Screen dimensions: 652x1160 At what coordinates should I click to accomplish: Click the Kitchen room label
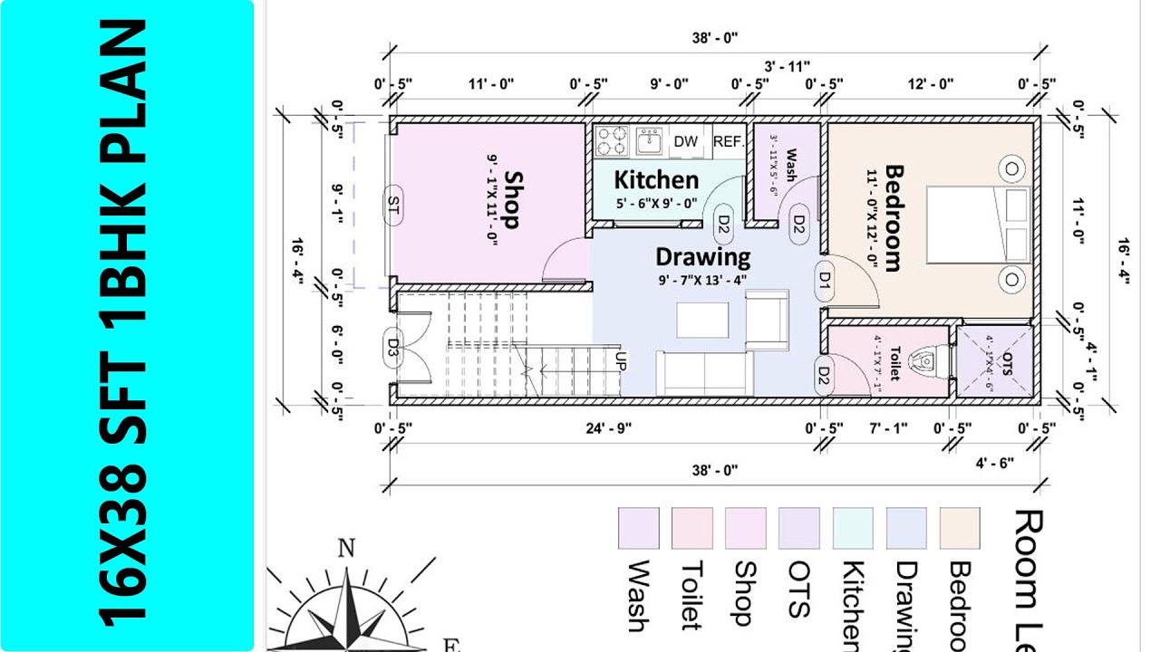coord(656,179)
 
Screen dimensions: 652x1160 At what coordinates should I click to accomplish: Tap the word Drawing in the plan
coord(702,257)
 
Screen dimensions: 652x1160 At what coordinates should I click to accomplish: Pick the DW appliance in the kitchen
coord(686,141)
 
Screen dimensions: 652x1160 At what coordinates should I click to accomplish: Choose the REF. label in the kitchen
coord(729,141)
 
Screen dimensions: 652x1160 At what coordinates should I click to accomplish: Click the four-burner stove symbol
coord(613,140)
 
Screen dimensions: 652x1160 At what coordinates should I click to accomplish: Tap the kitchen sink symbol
coord(649,140)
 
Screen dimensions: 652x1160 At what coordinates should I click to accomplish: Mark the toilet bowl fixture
coord(925,361)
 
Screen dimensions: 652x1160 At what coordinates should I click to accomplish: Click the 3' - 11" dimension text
coord(787,66)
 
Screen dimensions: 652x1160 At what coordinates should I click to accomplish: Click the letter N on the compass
coord(345,548)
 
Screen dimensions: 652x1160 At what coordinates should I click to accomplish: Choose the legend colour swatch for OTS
coord(798,528)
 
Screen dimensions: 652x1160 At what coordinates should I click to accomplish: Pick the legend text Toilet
coord(691,594)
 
